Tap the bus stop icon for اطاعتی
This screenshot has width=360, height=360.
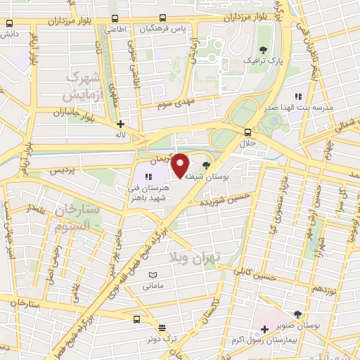pyautogui.click(x=115, y=18)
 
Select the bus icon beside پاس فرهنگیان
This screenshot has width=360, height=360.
pyautogui.click(x=163, y=18)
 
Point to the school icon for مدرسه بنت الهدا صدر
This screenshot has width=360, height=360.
pyautogui.click(x=297, y=96)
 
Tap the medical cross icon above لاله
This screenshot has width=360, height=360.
pyautogui.click(x=121, y=124)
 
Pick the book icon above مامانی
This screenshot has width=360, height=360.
pyautogui.click(x=152, y=274)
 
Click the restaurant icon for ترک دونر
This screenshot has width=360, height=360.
pyautogui.click(x=162, y=328)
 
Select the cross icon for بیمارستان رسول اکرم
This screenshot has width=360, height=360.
pyautogui.click(x=264, y=329)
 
